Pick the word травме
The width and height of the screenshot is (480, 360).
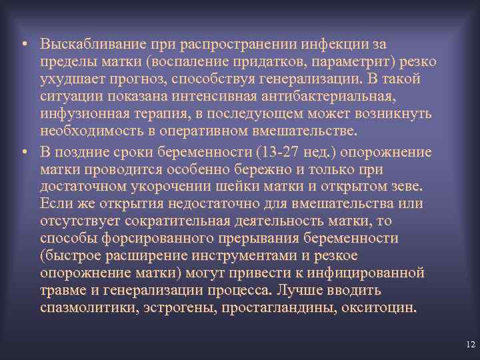pyautogui.click(x=65, y=291)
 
